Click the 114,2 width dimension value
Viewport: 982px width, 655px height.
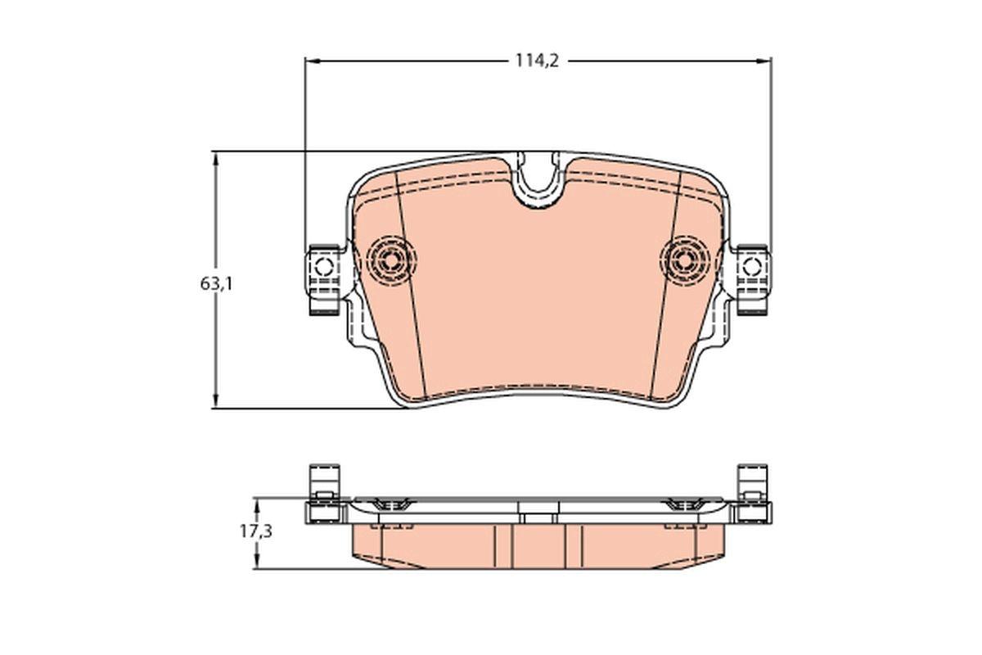click(536, 61)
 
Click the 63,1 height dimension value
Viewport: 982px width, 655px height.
click(216, 284)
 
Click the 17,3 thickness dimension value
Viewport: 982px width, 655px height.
click(255, 531)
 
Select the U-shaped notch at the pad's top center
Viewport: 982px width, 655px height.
click(537, 178)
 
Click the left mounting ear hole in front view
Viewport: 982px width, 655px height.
click(322, 266)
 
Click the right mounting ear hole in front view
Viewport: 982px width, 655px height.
click(751, 266)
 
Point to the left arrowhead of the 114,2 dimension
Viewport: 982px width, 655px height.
click(310, 61)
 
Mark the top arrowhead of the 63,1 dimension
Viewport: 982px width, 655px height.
click(216, 156)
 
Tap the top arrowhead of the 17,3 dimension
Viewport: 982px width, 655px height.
click(255, 502)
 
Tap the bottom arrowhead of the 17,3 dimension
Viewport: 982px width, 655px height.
click(255, 564)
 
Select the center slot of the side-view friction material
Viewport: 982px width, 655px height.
click(537, 545)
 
